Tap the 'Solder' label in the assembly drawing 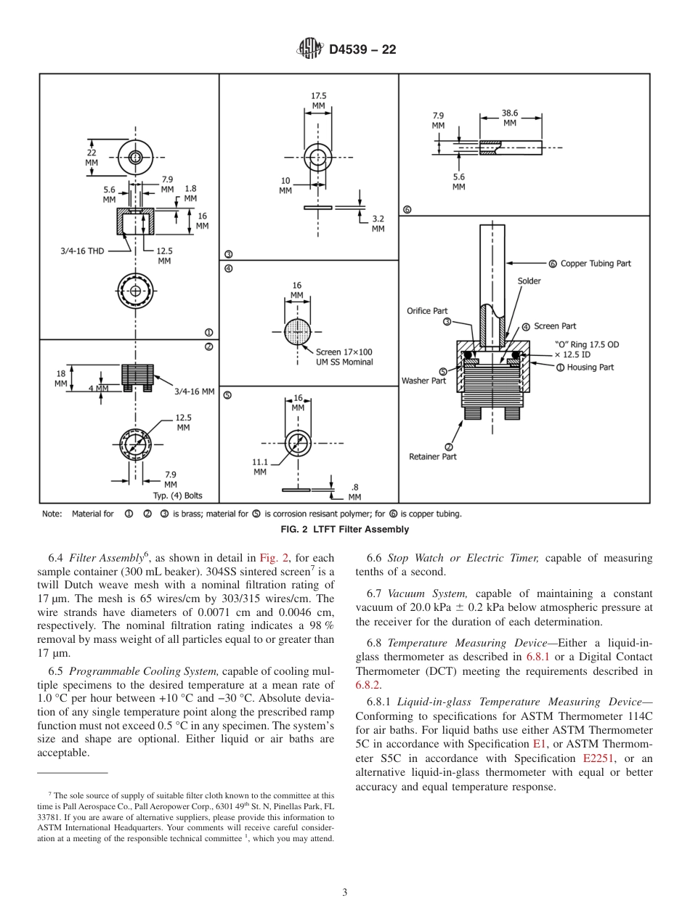coord(529,281)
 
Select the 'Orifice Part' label coord(427,311)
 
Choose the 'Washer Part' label coord(423,381)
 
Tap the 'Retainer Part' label coord(433,457)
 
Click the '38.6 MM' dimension coord(510,118)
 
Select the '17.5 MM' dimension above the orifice coord(318,100)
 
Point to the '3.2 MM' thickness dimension coord(378,223)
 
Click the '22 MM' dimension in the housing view coord(92,158)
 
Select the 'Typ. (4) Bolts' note coord(177,496)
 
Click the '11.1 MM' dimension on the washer coord(260,466)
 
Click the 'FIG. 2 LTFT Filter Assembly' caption coord(344,530)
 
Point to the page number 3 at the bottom coord(344,892)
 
